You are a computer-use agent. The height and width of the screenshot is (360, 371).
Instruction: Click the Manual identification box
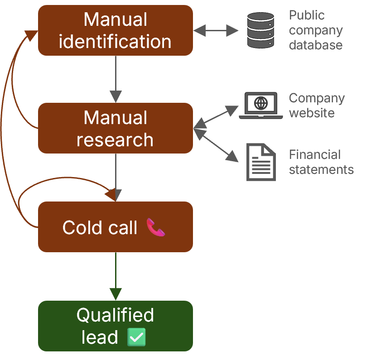coord(116,30)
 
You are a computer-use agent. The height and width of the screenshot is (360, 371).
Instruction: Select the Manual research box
coord(116,128)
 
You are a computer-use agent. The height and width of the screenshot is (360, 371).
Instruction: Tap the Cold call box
coord(116,227)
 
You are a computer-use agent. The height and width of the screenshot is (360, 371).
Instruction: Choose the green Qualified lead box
coord(116,326)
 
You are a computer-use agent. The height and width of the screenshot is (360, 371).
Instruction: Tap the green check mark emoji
coord(136,337)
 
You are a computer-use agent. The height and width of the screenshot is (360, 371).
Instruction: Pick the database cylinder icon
coord(261,30)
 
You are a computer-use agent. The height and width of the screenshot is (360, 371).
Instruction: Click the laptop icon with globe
coord(261,105)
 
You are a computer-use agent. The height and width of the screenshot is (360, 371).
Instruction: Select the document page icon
coord(261,162)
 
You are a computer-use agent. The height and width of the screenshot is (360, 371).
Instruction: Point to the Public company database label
coord(316,30)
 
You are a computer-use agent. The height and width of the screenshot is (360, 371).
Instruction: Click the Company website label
coord(317,105)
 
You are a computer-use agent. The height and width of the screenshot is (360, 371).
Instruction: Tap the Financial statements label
coord(321,162)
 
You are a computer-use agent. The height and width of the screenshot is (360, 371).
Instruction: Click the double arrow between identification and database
coord(216,31)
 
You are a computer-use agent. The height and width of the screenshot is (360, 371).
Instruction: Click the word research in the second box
coord(115,139)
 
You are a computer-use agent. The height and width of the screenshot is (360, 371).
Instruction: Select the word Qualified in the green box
coord(115,315)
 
